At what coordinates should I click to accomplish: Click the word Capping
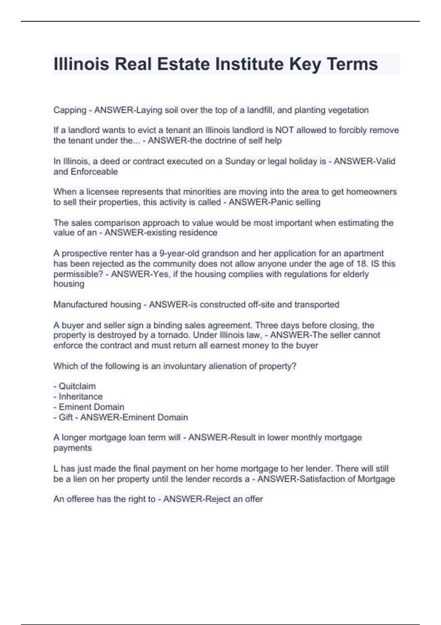pyautogui.click(x=70, y=110)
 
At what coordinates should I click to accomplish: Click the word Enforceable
pyautogui.click(x=94, y=172)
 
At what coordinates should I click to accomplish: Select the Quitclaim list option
pyautogui.click(x=77, y=386)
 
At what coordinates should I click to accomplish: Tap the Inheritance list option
pyautogui.click(x=80, y=397)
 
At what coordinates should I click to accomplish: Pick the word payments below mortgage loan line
pyautogui.click(x=72, y=448)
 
